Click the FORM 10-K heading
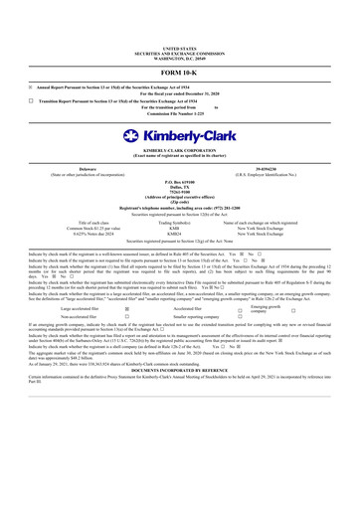tap(179, 74)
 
